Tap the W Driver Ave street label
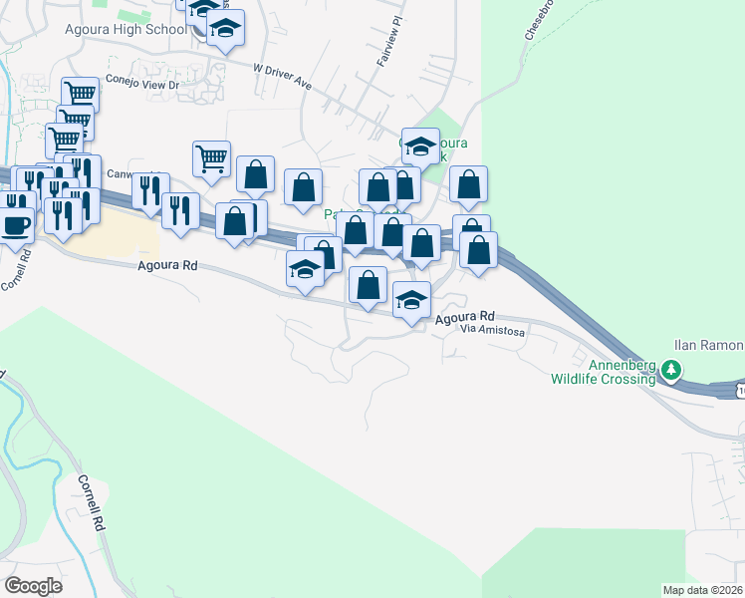282,77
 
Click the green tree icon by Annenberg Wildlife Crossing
672,371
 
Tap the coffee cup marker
16,225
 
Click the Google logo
33,585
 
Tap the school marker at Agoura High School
226,29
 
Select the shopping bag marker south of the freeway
369,285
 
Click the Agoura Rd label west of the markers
168,266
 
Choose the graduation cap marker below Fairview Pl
420,147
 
